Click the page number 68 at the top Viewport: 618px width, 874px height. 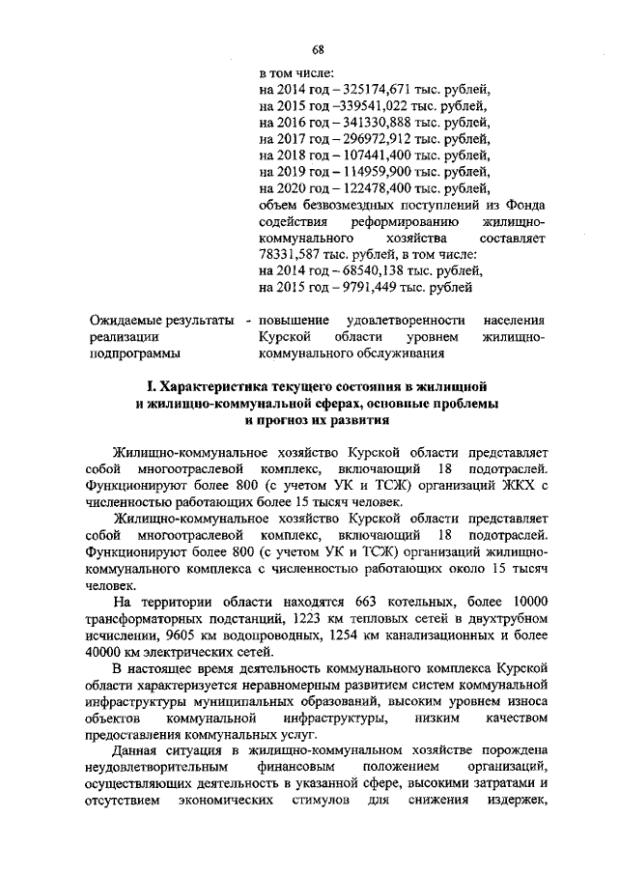coord(318,49)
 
